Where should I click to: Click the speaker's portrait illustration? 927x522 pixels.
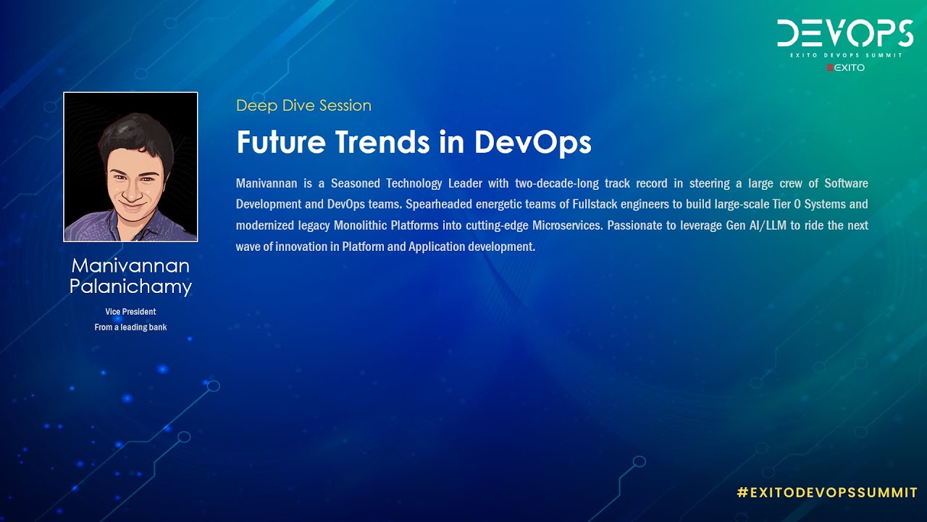(130, 167)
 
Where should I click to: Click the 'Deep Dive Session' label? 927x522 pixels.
(303, 106)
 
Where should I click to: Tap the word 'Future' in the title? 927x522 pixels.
(282, 142)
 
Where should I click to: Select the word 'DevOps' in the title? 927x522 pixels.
(532, 142)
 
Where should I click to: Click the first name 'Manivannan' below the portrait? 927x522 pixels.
(130, 266)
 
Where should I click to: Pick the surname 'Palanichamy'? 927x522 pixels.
(130, 286)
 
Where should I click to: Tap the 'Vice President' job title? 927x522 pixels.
(130, 312)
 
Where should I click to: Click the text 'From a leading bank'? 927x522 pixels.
(130, 328)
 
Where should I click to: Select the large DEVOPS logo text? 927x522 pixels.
(844, 33)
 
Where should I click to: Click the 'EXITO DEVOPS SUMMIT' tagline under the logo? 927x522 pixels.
(844, 55)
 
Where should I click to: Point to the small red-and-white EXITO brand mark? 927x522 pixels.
(845, 68)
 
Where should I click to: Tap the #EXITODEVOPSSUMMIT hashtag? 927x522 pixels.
(827, 493)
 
